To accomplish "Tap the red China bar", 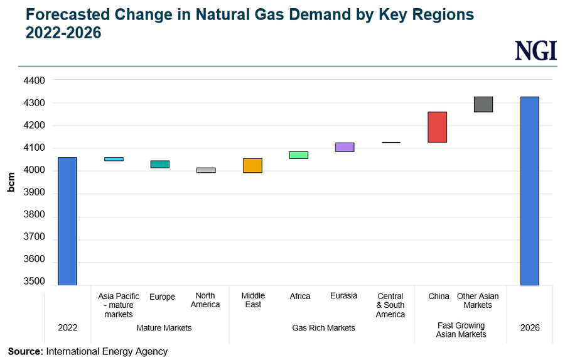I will (x=437, y=127).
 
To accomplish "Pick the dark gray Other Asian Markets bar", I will (x=483, y=104).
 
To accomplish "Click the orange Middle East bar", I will (x=253, y=165).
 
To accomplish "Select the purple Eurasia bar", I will (x=345, y=147).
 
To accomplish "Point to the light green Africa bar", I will (x=298, y=155).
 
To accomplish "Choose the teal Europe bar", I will (x=160, y=164).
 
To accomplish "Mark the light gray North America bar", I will (x=206, y=170).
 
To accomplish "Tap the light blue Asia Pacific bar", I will (x=114, y=159).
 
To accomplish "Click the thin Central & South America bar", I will (x=390, y=143).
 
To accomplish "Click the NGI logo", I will (x=535, y=50).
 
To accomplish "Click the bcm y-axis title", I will (x=11, y=182).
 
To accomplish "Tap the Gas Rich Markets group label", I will (x=323, y=328).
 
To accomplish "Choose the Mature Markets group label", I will (x=164, y=328).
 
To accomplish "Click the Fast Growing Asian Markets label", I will (x=461, y=330).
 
